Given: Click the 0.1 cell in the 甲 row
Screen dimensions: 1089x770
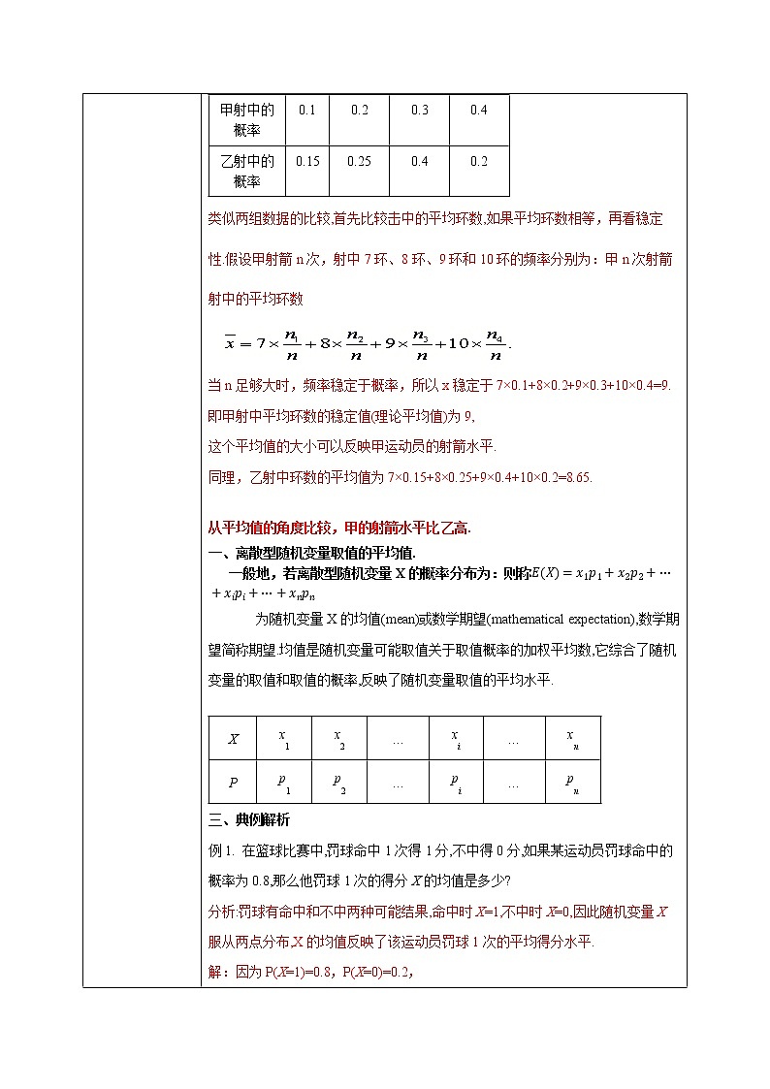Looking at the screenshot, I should pos(306,111).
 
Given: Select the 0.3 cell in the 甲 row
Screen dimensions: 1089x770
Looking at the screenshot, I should pos(419,111).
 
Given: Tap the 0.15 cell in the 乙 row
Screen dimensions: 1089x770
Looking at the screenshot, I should pos(306,162).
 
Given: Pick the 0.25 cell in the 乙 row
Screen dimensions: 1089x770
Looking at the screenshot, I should pos(359,162).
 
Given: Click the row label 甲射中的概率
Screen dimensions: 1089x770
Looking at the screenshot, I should pos(248,120).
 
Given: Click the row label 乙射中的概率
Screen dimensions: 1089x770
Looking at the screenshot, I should pos(248,172).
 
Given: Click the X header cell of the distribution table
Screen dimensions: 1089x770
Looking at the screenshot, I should pos(233,739).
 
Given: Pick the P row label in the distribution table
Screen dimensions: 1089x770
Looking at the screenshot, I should pos(233,783).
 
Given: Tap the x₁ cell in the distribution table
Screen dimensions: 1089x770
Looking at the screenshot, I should pos(282,739).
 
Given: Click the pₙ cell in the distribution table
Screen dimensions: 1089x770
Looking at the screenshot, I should pos(572,783).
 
